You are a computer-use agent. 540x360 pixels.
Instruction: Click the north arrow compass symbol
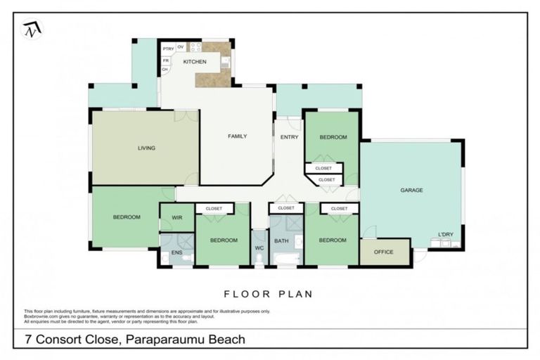tap(32, 30)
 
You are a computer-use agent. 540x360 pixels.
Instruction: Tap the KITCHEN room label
tap(195, 63)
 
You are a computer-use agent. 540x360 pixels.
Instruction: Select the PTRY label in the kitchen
tap(168, 48)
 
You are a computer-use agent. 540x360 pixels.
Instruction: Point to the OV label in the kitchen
tap(181, 47)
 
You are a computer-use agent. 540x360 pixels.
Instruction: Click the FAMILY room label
tap(237, 136)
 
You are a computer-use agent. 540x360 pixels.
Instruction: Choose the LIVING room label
tap(146, 148)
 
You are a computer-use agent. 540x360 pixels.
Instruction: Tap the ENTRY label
tap(289, 137)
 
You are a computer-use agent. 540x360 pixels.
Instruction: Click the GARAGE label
tap(411, 190)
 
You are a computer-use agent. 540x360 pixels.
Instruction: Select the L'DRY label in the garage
tap(445, 234)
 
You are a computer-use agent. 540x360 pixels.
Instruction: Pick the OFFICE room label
tap(383, 252)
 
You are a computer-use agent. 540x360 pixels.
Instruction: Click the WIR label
tap(177, 218)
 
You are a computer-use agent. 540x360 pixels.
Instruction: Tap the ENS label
tap(177, 252)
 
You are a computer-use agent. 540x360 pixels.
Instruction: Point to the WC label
tap(259, 247)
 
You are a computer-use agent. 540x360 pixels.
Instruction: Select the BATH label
tap(281, 240)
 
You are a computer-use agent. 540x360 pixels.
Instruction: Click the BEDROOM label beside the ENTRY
tap(333, 137)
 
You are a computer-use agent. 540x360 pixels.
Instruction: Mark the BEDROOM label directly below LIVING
tap(127, 217)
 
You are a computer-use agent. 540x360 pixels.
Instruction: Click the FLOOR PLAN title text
tap(268, 294)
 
